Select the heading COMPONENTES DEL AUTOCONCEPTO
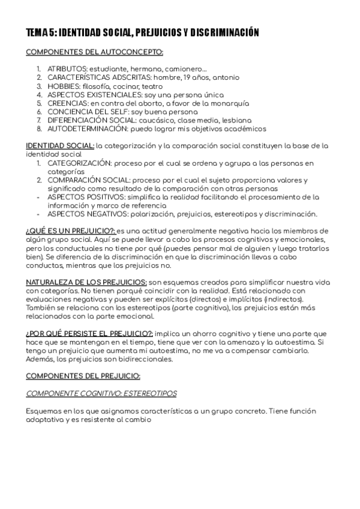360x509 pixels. pyautogui.click(x=94, y=52)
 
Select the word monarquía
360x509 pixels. pyautogui.click(x=207, y=103)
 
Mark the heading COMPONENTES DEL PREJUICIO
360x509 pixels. pyautogui.click(x=83, y=376)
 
